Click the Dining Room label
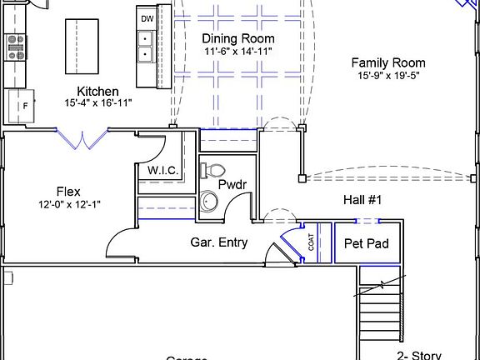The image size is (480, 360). [x=238, y=38]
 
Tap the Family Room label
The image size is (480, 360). [x=387, y=62]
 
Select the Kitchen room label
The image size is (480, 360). [x=97, y=91]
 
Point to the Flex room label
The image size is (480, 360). [x=68, y=191]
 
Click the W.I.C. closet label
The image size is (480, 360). [x=163, y=171]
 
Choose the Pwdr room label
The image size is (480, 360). [x=232, y=183]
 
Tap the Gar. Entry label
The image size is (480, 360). [x=220, y=242]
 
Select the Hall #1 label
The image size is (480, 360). [x=362, y=200]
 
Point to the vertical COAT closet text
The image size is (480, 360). [x=312, y=242]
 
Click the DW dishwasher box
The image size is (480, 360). [x=147, y=17]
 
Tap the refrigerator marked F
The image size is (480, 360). [x=22, y=106]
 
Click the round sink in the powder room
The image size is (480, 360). [x=209, y=202]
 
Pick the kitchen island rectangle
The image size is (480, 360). [x=82, y=47]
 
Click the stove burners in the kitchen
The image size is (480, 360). [x=15, y=47]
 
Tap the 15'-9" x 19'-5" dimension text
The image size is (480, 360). [x=387, y=76]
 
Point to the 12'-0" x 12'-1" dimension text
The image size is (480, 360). [x=70, y=204]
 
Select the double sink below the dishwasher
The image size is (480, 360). [x=146, y=46]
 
